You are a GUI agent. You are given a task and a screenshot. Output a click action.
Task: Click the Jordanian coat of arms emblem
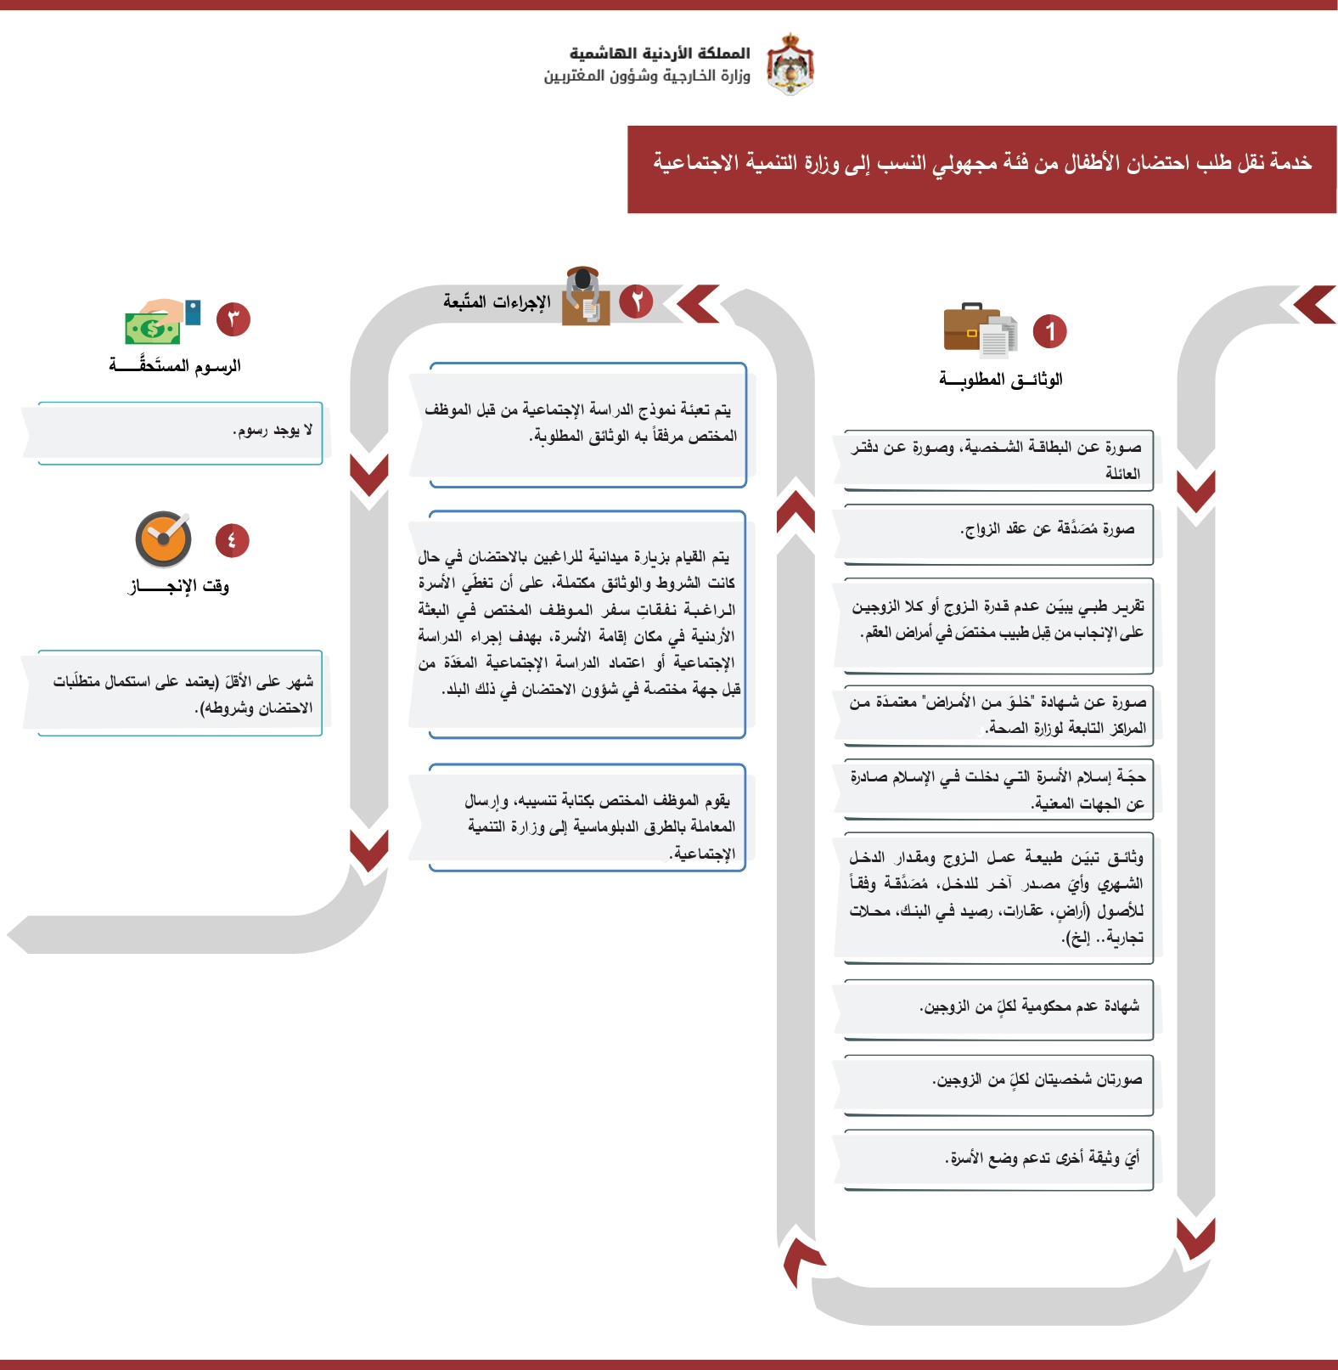point(790,65)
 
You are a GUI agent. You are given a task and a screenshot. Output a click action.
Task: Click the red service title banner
point(981,169)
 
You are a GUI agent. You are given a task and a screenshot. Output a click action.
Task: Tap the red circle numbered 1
point(1049,331)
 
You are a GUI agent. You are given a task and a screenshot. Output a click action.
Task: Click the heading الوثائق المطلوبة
point(1001,379)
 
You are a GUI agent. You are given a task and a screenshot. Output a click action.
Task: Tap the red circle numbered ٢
point(636,301)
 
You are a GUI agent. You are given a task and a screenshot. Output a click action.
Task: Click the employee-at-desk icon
point(587,296)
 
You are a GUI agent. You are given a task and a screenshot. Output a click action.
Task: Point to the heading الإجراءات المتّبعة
point(498,302)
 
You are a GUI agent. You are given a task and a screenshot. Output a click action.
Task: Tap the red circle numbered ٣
point(233,319)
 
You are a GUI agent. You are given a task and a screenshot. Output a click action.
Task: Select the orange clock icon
point(164,538)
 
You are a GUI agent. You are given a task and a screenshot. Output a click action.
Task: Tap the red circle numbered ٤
point(232,540)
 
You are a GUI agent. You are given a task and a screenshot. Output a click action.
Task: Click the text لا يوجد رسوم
point(273,431)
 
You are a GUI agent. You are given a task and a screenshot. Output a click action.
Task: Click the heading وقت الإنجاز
point(179,585)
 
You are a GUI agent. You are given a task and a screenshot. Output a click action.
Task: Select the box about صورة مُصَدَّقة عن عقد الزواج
point(998,533)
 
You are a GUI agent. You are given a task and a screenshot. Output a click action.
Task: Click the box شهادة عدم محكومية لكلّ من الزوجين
point(998,1009)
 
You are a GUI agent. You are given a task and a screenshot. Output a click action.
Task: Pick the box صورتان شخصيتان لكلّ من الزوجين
point(998,1083)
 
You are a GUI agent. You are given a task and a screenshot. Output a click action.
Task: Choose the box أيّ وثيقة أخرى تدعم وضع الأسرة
point(998,1159)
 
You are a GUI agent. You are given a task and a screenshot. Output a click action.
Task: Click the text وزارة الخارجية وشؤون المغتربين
point(647,76)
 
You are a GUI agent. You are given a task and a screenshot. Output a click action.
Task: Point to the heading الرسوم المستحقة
point(175,366)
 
